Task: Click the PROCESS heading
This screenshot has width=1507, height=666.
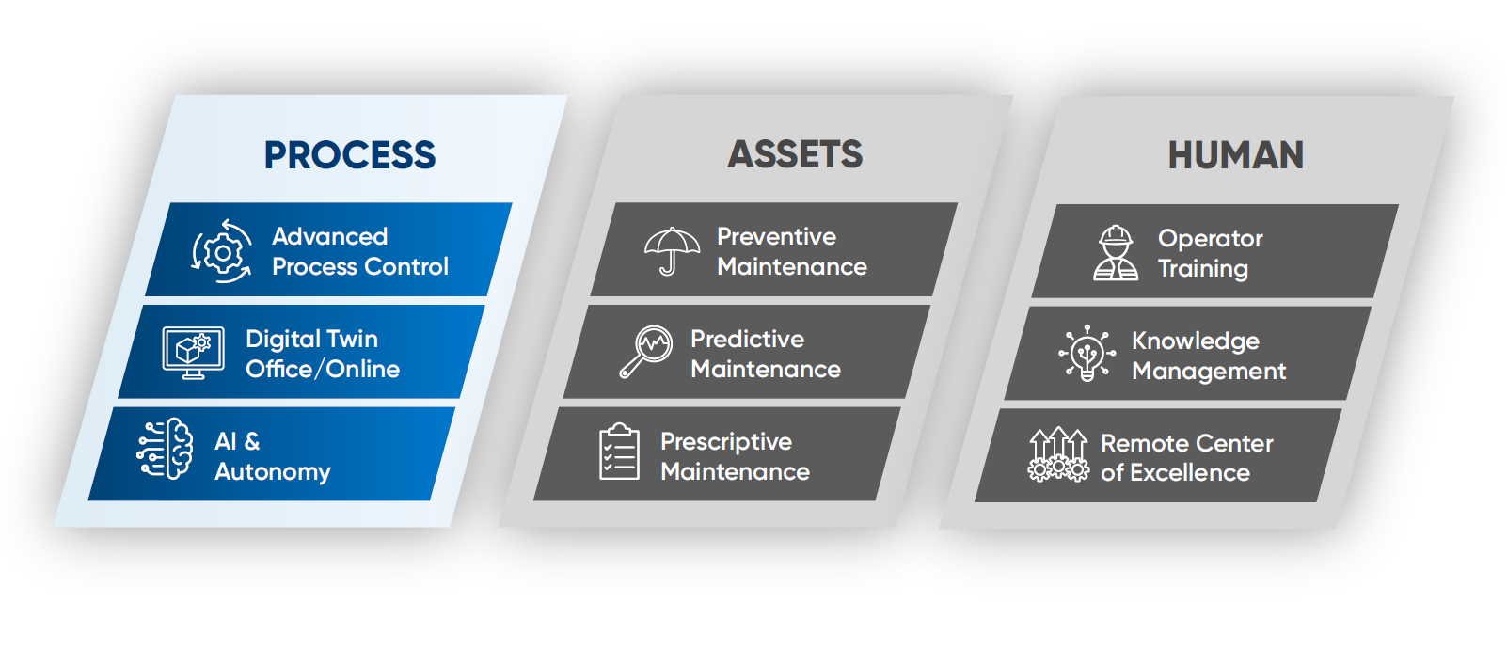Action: tap(349, 154)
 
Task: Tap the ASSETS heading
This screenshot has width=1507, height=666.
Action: tap(795, 154)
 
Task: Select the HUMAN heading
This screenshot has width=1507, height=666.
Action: tap(1235, 155)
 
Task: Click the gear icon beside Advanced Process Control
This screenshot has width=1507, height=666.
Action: tap(222, 251)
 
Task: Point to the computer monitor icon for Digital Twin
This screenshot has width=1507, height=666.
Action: tap(193, 353)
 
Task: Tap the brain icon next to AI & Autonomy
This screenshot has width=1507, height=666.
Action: tap(165, 449)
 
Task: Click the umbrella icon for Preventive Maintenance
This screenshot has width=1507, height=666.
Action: tap(672, 251)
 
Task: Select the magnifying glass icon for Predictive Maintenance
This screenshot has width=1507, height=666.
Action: tap(646, 352)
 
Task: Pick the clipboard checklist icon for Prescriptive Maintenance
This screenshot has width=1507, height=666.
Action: tap(619, 452)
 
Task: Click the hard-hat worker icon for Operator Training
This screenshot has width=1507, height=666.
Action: tap(1116, 253)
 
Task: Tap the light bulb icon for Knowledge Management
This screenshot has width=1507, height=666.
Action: tap(1087, 353)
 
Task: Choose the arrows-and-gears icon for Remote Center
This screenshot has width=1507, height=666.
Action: tap(1057, 454)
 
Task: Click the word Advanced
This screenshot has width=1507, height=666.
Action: tap(329, 237)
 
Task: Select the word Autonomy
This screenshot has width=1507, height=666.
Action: tap(273, 472)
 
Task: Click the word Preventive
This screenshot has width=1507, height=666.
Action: tap(776, 237)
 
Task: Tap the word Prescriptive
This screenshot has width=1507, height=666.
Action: tap(726, 443)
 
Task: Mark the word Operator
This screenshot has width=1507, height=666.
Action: tap(1211, 240)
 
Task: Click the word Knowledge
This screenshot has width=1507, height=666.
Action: tap(1196, 341)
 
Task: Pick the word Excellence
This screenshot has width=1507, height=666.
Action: tap(1189, 473)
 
